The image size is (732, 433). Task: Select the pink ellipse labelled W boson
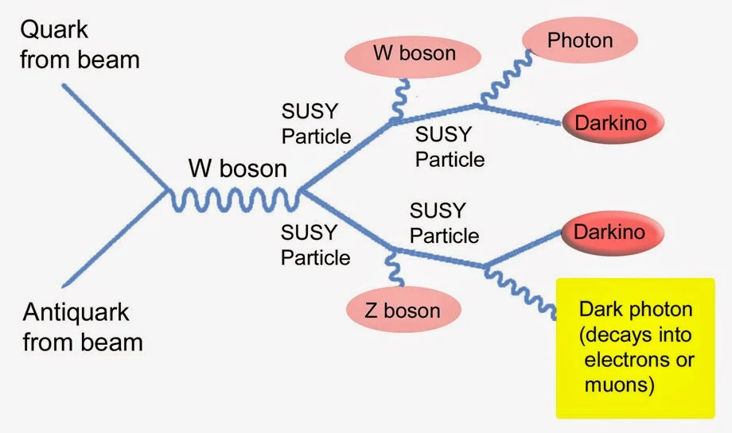(414, 54)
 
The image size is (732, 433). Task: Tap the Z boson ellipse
(403, 309)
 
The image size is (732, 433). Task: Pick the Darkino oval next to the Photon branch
(611, 122)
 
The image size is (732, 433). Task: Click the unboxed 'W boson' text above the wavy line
(237, 168)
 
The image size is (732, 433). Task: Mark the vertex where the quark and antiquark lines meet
(166, 191)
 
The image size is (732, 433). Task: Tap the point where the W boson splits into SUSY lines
(301, 191)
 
